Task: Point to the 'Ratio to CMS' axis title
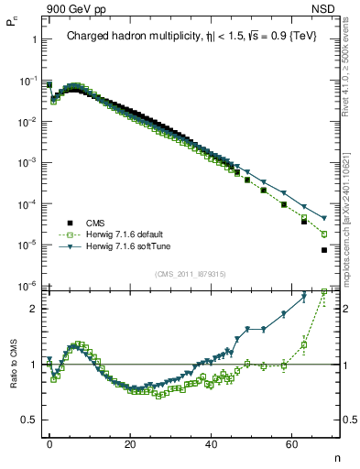pyautogui.click(x=11, y=377)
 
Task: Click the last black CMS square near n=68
pyautogui.click(x=324, y=250)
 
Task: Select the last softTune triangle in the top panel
pyautogui.click(x=324, y=218)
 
